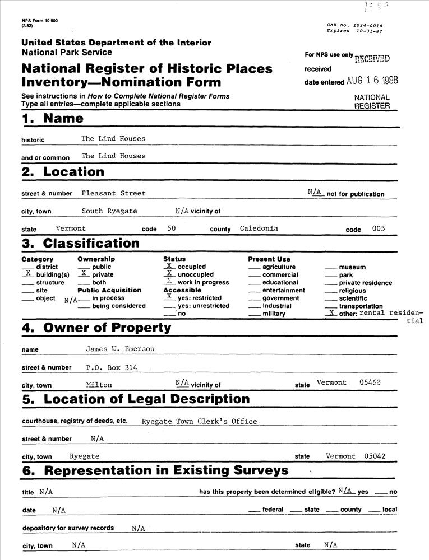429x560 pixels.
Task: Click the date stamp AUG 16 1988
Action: pyautogui.click(x=372, y=80)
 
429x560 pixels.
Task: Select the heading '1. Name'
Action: pyautogui.click(x=52, y=118)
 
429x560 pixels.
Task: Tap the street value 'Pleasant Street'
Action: pyautogui.click(x=113, y=193)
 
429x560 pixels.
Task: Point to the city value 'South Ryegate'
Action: pyautogui.click(x=109, y=211)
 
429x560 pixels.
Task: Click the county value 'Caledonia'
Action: pyautogui.click(x=259, y=228)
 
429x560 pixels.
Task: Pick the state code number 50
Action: pyautogui.click(x=171, y=228)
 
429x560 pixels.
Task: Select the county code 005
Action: pyautogui.click(x=379, y=228)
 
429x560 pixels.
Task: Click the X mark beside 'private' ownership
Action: pyautogui.click(x=83, y=274)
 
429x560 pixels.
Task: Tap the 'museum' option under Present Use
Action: pyautogui.click(x=352, y=267)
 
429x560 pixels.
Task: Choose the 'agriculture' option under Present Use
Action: pyautogui.click(x=279, y=267)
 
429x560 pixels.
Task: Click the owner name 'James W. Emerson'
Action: pyautogui.click(x=120, y=349)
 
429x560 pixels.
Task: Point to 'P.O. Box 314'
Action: pyautogui.click(x=112, y=367)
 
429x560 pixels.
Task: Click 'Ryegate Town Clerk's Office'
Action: pyautogui.click(x=199, y=421)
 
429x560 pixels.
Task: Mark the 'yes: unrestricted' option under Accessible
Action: pyautogui.click(x=203, y=306)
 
